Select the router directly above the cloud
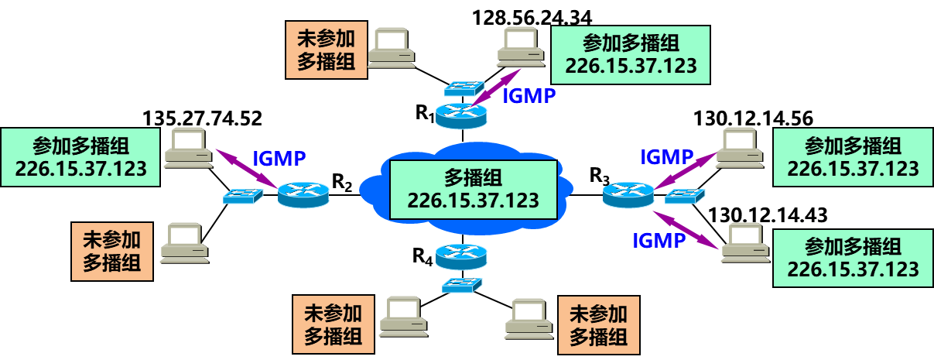461,114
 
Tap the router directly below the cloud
461,256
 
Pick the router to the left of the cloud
303,194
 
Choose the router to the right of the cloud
629,194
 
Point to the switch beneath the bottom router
463,284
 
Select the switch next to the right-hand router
685,196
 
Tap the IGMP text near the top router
529,96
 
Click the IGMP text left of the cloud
279,159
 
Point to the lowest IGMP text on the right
659,240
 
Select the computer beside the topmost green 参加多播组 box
521,47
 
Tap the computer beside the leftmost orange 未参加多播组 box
184,243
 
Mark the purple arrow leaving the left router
246,168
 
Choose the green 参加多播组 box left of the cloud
80,158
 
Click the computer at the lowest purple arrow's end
745,243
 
